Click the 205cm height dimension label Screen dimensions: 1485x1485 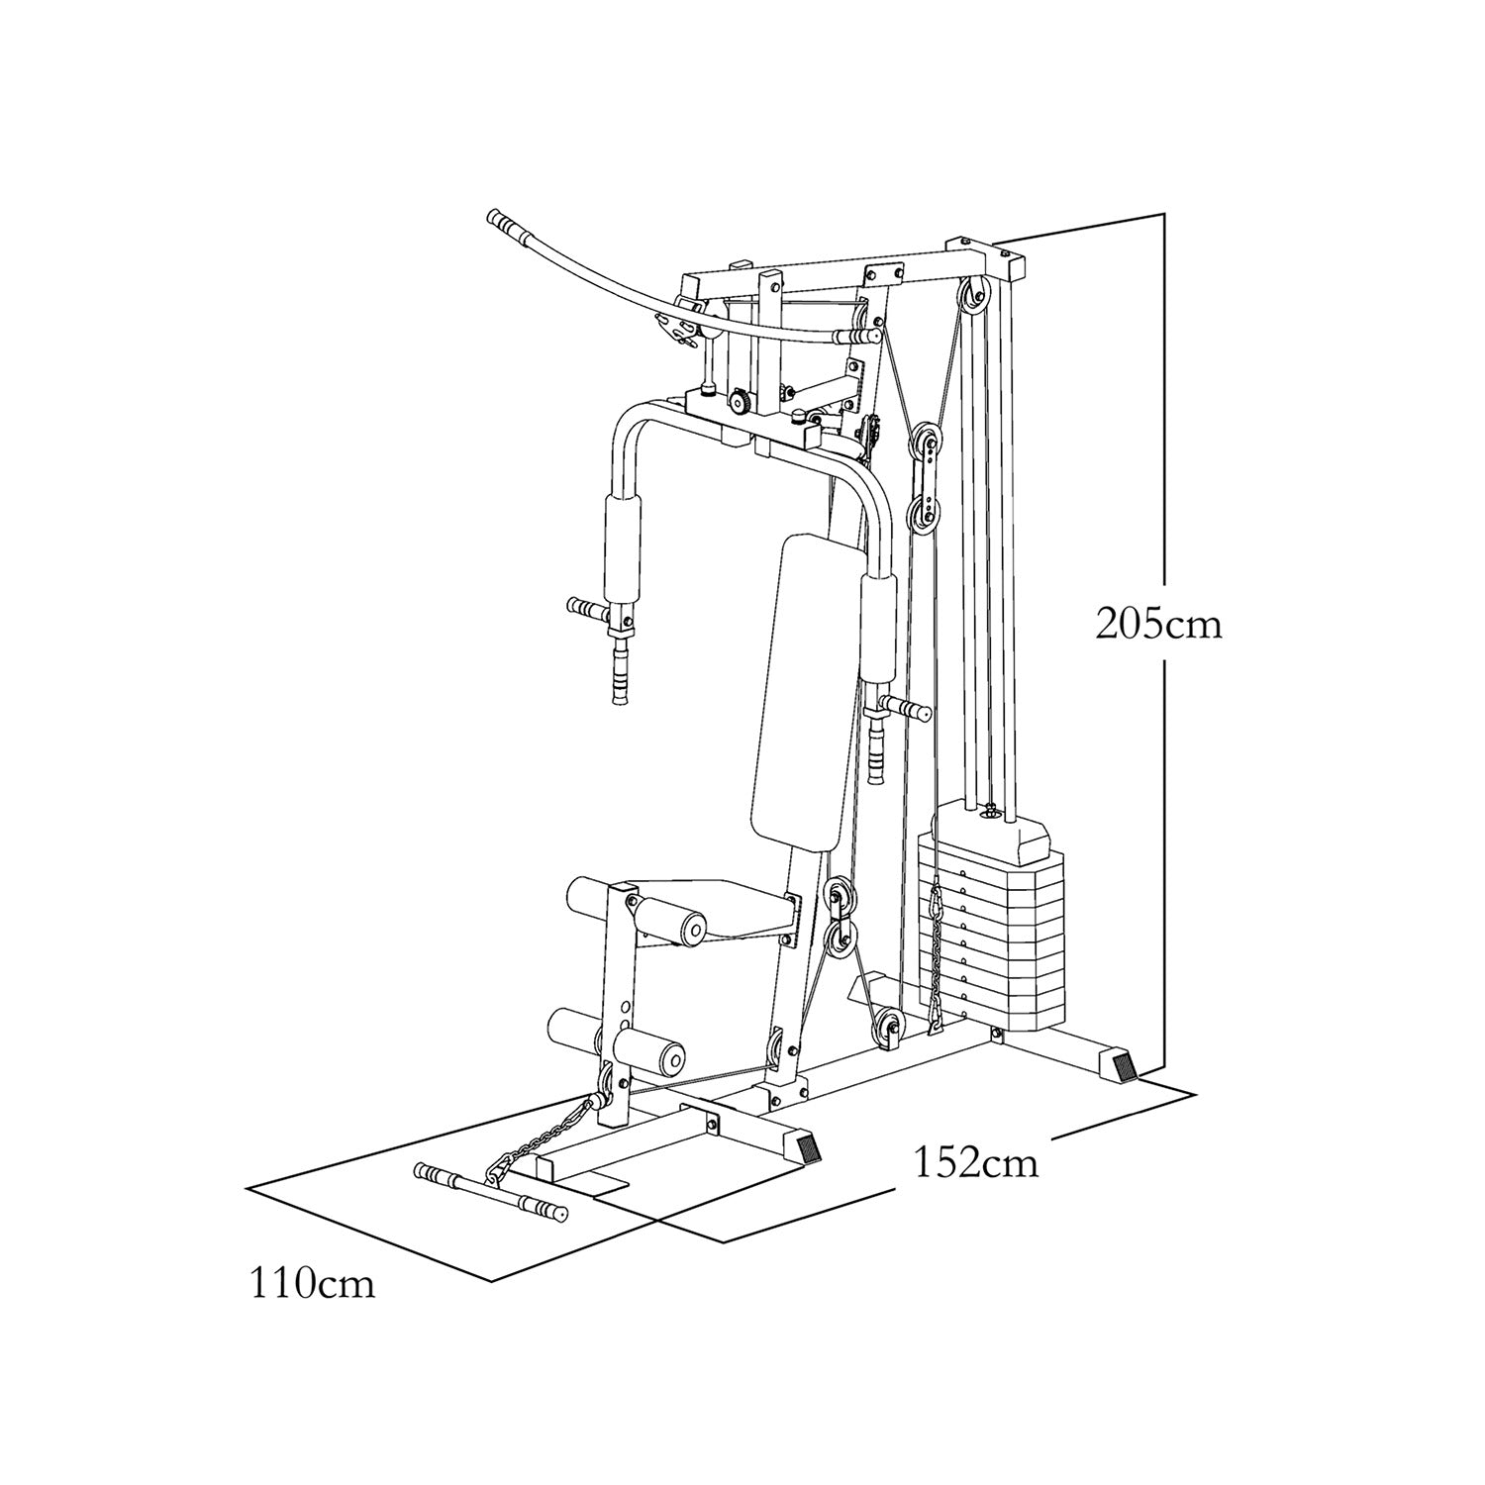coord(1158,624)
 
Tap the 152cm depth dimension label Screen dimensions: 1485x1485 coord(976,1161)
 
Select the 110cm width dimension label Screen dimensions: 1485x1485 coord(312,1283)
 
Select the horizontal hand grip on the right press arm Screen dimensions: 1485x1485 coord(907,708)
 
